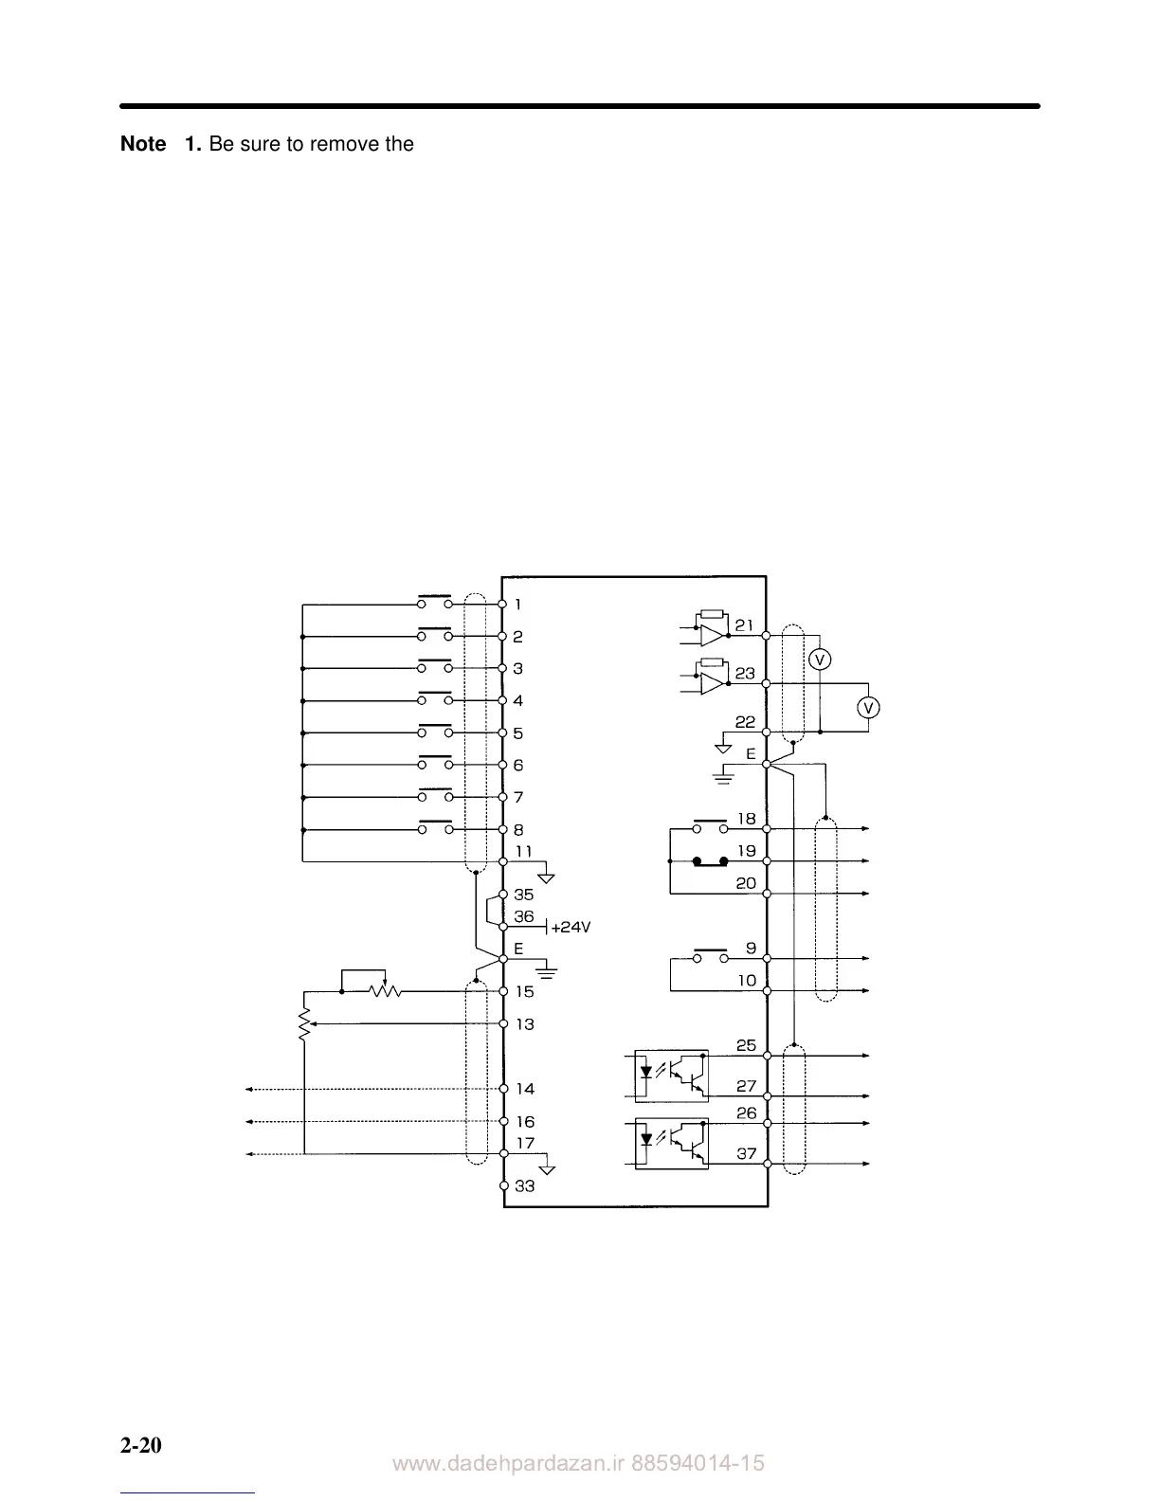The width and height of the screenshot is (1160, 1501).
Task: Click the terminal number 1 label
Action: [x=517, y=605]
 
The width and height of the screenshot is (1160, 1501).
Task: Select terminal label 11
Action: [x=524, y=851]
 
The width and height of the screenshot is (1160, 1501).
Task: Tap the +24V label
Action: [x=571, y=927]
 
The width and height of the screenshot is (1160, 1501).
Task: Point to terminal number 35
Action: [x=524, y=895]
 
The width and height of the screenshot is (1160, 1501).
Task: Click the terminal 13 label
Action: [x=524, y=1024]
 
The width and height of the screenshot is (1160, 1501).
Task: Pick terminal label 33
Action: [x=524, y=1186]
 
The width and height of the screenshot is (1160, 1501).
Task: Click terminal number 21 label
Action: [x=745, y=625]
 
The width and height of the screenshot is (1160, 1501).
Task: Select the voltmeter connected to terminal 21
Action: [x=821, y=660]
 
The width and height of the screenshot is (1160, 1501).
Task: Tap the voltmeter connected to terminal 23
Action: [x=868, y=707]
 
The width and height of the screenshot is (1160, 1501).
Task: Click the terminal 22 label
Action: [x=745, y=722]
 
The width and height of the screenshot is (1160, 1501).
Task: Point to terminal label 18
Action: [x=747, y=819]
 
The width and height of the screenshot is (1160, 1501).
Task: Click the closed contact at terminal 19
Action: [x=710, y=861]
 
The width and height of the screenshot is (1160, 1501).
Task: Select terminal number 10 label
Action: [x=747, y=981]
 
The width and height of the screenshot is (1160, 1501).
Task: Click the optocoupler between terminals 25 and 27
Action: [x=670, y=1074]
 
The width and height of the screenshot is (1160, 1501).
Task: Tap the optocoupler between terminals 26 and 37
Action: [x=670, y=1144]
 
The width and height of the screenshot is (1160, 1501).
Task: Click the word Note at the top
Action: [x=143, y=144]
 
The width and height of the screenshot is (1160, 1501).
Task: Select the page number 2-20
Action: [x=141, y=1446]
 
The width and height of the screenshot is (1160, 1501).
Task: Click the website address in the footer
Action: [x=578, y=1464]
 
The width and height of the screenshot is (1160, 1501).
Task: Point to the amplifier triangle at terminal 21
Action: [x=712, y=634]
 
